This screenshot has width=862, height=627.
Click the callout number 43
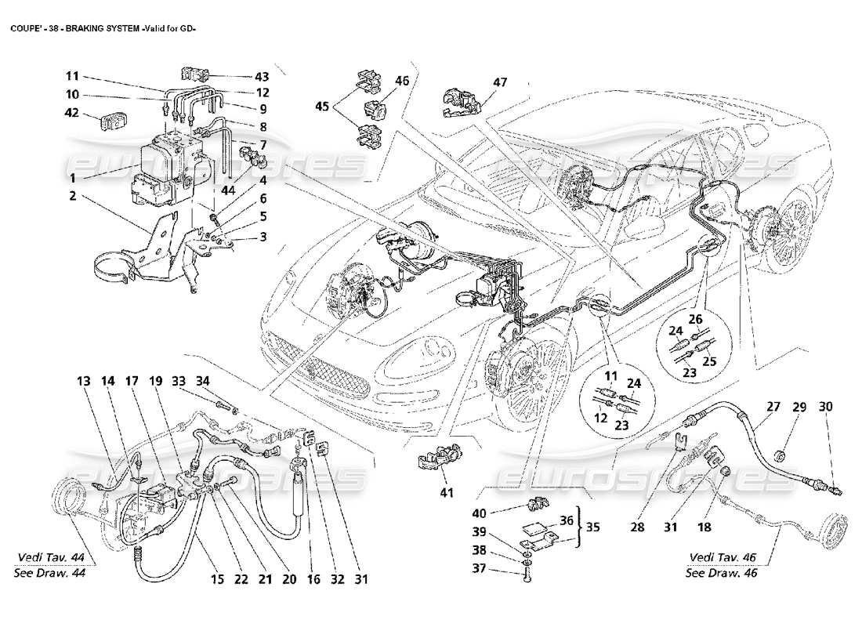tap(261, 76)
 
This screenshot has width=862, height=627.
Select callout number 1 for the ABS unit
tap(72, 178)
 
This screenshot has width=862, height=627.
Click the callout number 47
tap(500, 82)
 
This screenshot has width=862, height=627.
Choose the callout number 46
tap(402, 80)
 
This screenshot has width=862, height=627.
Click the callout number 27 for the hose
tap(773, 407)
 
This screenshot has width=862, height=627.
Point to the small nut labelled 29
tap(779, 454)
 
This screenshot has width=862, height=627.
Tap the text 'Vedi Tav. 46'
tap(719, 557)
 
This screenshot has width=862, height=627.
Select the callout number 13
tap(84, 382)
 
